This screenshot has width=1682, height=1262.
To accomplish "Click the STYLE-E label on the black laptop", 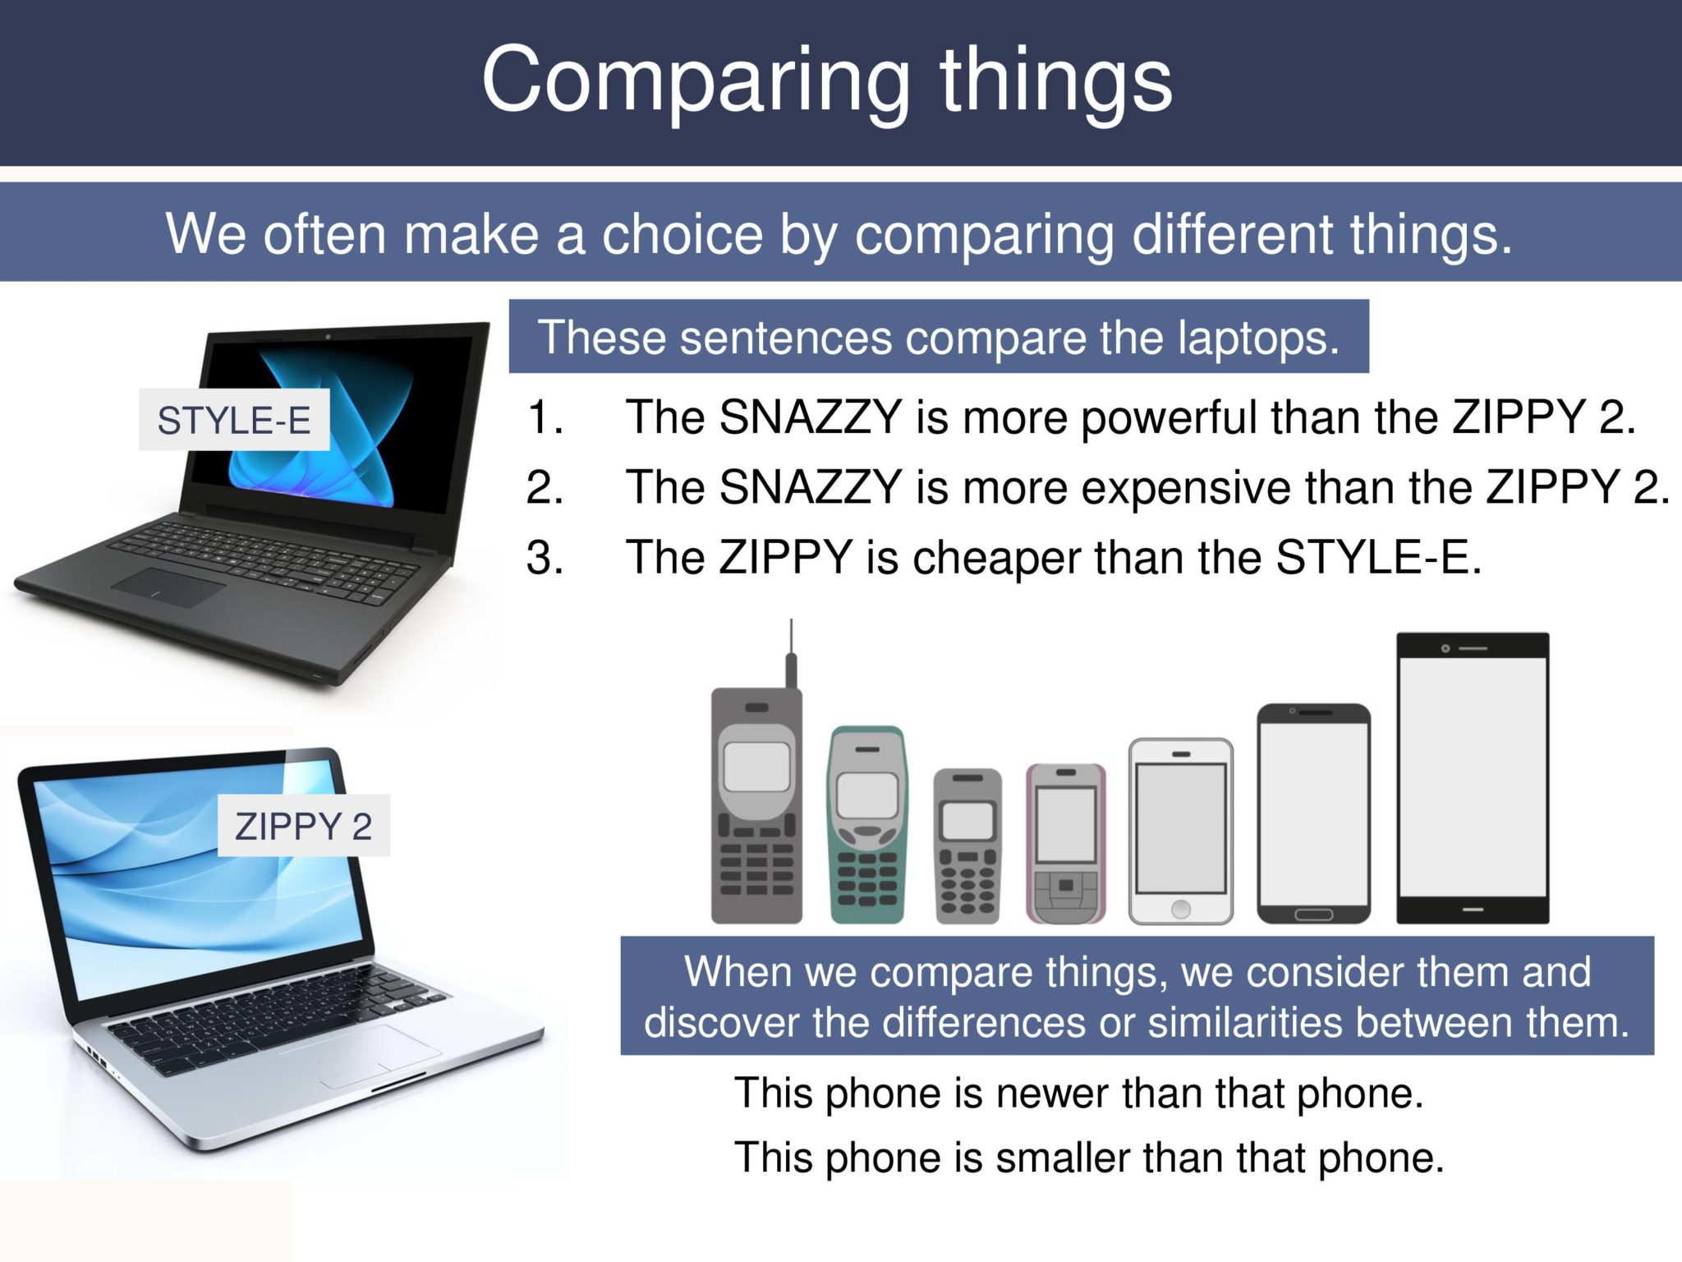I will point(234,420).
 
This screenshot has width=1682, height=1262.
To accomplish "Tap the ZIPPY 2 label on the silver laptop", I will point(303,826).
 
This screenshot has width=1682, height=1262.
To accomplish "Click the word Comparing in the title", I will point(695,80).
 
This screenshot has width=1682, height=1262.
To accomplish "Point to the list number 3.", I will point(544,558).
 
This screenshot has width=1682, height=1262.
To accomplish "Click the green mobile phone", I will point(867,824).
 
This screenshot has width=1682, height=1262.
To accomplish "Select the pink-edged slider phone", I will point(1065,843).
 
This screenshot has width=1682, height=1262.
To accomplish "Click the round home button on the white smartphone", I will point(1180,909).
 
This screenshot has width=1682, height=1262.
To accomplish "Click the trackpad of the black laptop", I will point(168,586).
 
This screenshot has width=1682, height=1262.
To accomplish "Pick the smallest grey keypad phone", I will point(967,846).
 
